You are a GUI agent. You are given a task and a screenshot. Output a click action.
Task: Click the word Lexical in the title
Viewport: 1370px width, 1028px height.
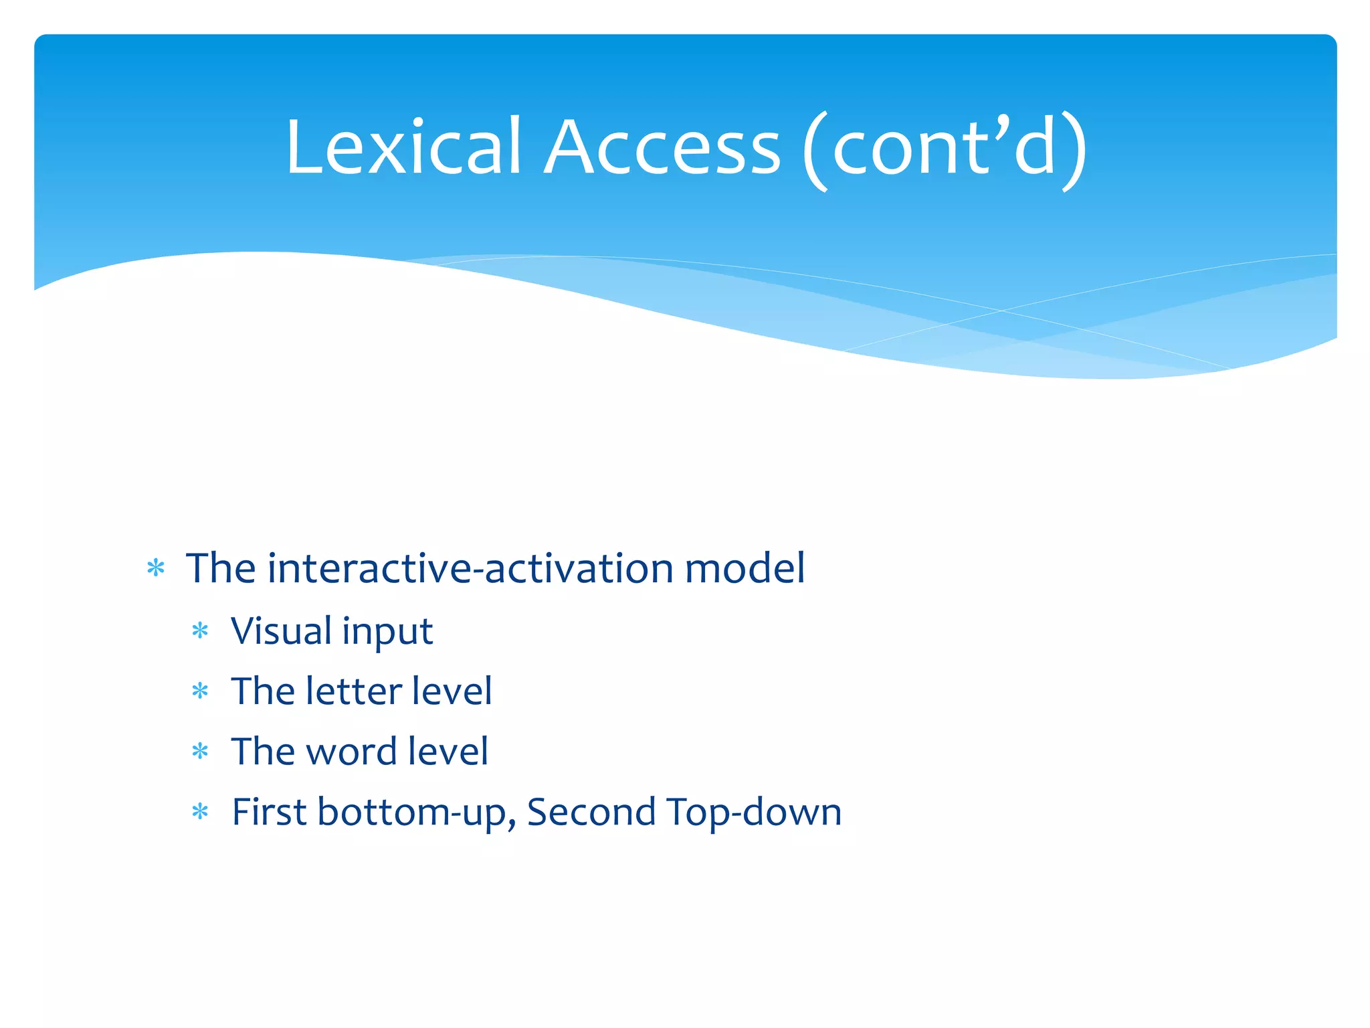click(x=403, y=147)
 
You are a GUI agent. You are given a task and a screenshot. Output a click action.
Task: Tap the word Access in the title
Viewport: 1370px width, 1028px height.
click(x=662, y=147)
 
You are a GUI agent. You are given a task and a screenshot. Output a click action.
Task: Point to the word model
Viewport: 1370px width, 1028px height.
click(x=745, y=569)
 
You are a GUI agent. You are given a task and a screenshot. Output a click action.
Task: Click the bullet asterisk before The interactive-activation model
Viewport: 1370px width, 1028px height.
click(x=156, y=569)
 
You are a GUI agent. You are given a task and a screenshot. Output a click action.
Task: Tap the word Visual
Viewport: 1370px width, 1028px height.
click(x=282, y=631)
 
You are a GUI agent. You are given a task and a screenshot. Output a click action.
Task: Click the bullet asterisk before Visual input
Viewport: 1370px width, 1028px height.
click(x=200, y=630)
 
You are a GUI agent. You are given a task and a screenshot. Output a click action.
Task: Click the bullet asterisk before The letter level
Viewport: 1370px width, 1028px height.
click(x=200, y=691)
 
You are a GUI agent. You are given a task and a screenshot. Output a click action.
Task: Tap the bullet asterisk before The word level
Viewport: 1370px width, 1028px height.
click(x=200, y=752)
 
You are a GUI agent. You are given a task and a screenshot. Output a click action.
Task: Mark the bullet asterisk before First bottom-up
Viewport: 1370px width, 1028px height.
click(x=200, y=812)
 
